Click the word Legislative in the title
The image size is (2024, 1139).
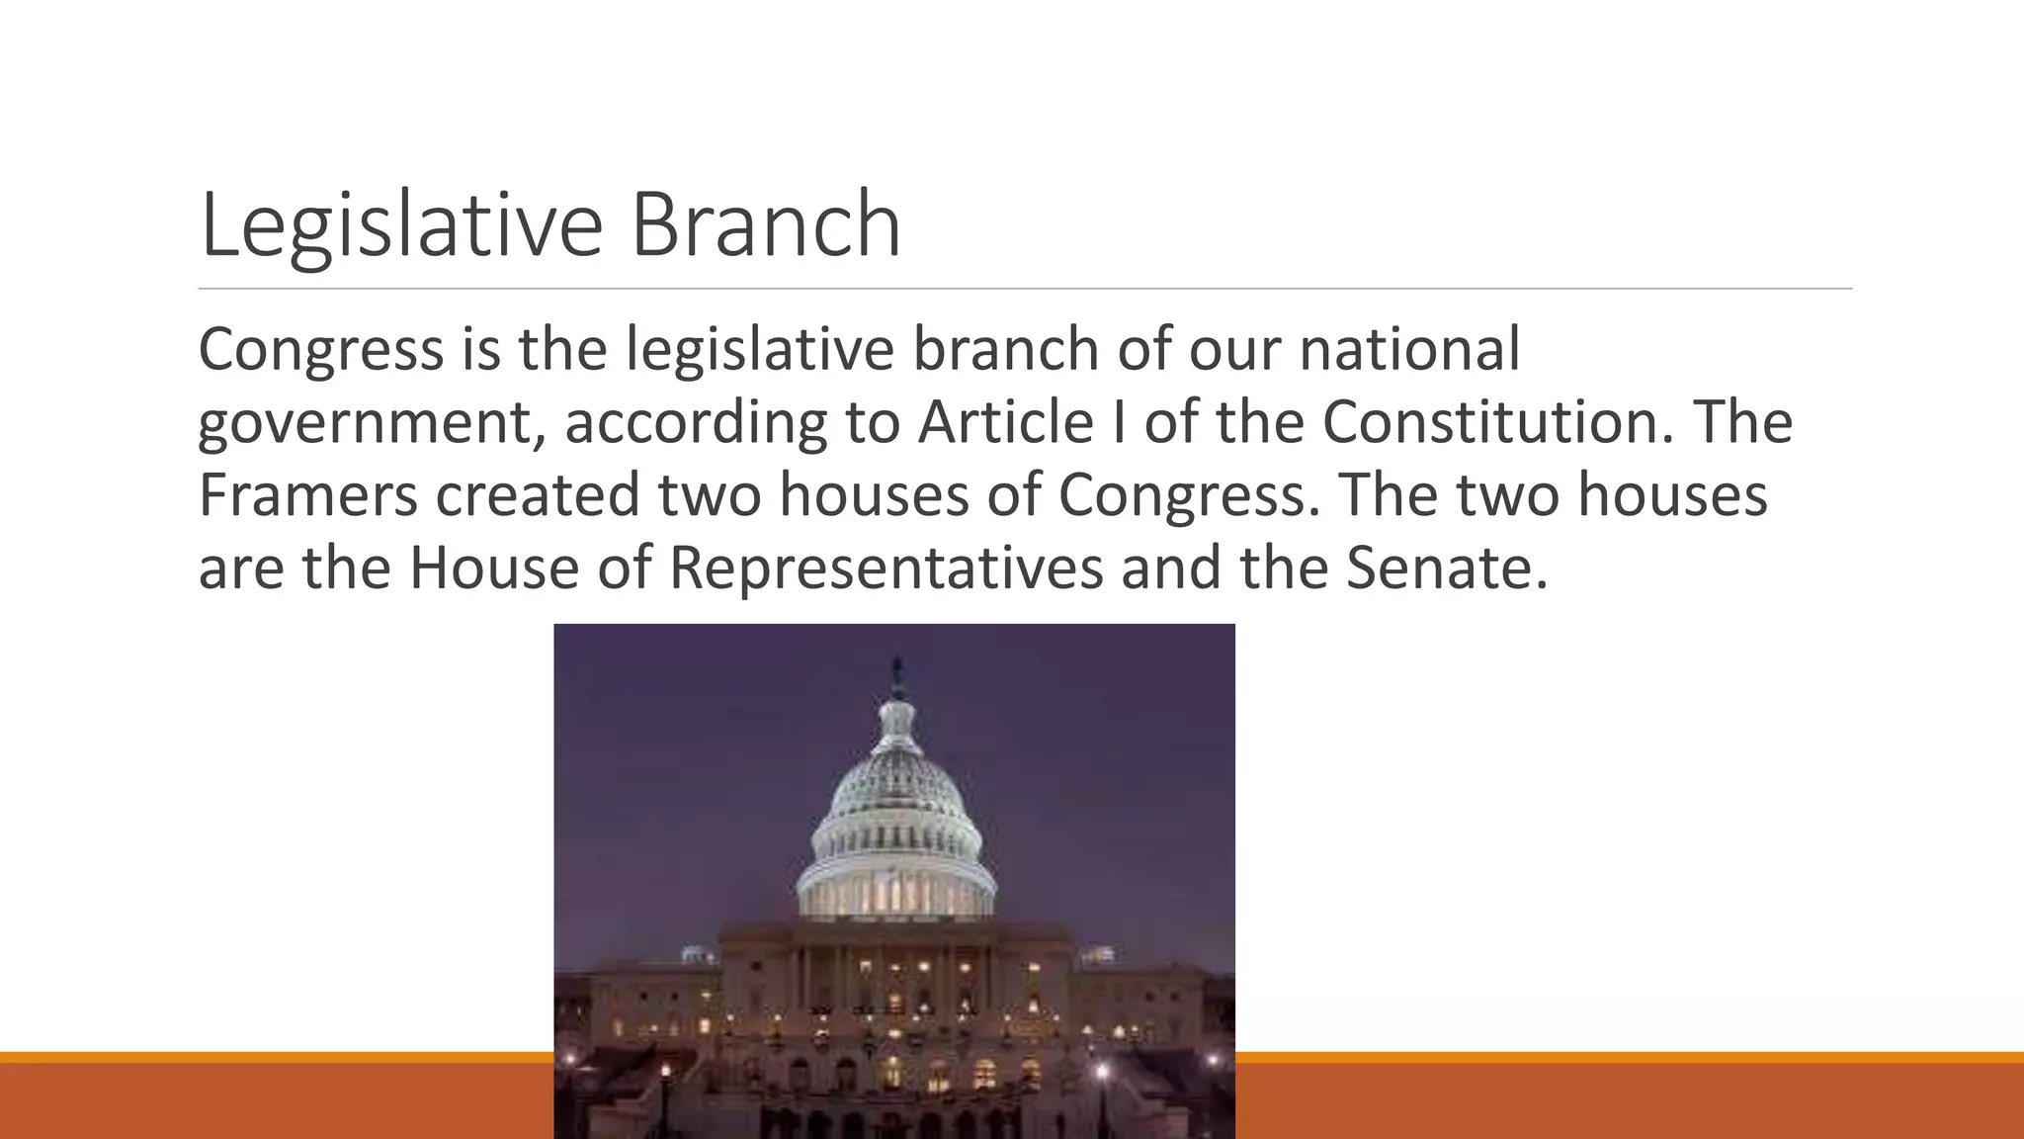tap(400, 225)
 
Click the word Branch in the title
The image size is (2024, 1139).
tap(765, 225)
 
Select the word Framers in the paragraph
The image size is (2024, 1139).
tap(307, 494)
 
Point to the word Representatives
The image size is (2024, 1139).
tap(885, 568)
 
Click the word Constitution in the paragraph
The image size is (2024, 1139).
tap(1487, 422)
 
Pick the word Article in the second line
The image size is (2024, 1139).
tap(1004, 422)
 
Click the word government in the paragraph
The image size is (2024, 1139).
tap(372, 422)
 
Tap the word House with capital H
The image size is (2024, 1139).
tap(493, 568)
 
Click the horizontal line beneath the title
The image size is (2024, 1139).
tap(1024, 289)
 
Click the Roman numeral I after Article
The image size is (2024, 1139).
tap(1118, 422)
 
